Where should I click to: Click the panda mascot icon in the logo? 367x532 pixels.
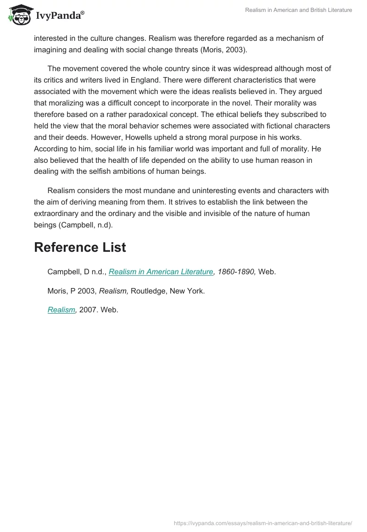(x=19, y=15)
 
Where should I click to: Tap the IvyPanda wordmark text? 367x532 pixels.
(x=59, y=17)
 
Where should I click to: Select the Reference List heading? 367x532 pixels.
(x=80, y=248)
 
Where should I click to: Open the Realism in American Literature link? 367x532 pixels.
(x=161, y=272)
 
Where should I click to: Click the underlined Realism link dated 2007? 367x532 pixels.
(x=61, y=310)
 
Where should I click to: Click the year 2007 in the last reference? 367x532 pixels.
(x=88, y=310)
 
